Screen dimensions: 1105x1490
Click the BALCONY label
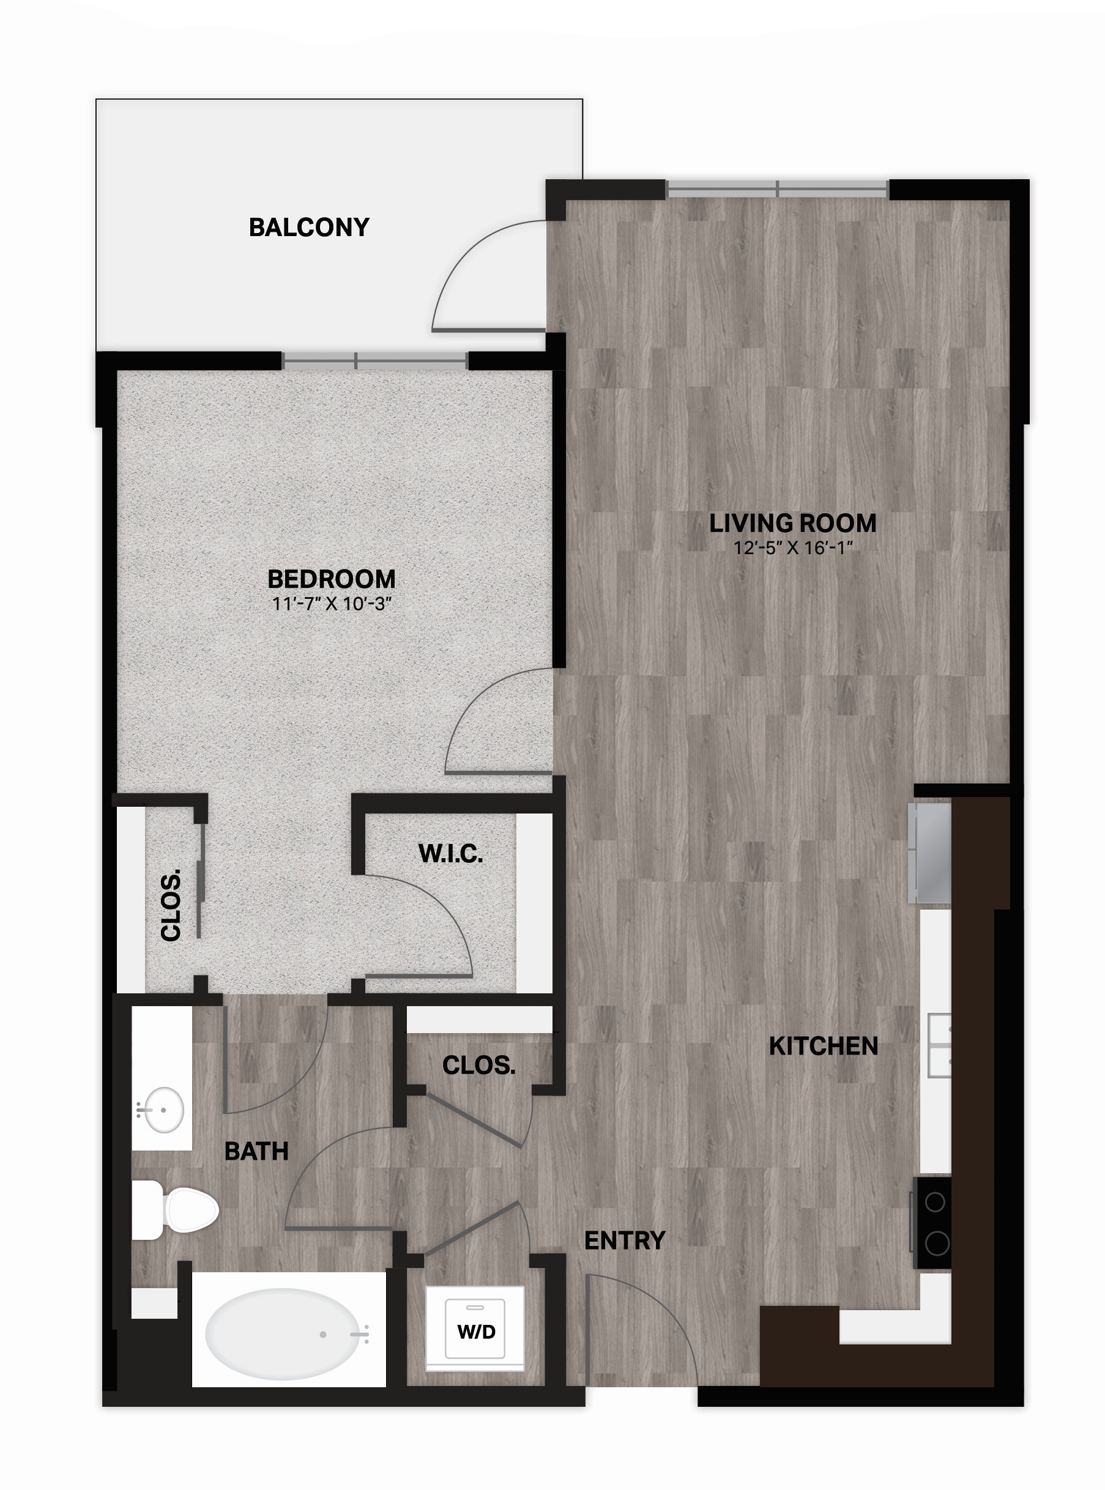[x=309, y=228]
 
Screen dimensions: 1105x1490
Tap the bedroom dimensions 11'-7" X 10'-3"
[x=331, y=604]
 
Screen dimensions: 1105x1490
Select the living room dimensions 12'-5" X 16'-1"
[x=792, y=547]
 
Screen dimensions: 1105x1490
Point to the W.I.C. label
[x=450, y=853]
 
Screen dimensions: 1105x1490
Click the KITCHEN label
[x=824, y=1046]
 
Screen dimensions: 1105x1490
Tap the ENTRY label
[x=625, y=1240]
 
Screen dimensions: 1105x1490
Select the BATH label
[x=256, y=1151]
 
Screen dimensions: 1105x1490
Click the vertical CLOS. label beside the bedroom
[x=171, y=905]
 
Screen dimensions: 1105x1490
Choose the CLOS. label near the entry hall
[x=479, y=1066]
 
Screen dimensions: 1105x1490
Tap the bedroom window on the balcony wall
[x=374, y=361]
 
